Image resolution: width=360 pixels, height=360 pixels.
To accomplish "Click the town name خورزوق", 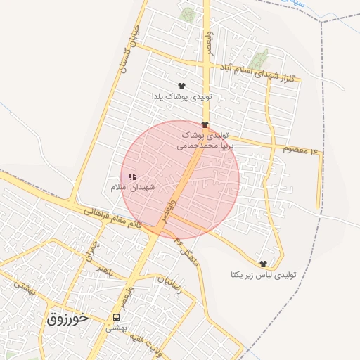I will click(68, 318).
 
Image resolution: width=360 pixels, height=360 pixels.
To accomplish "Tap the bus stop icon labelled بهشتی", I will click(116, 316).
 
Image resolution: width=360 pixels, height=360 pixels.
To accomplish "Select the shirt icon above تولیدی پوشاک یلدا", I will click(183, 85).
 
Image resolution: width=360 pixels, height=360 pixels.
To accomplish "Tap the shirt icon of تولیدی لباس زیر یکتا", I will click(264, 264).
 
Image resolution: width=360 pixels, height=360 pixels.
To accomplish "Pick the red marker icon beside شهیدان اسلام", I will click(132, 176).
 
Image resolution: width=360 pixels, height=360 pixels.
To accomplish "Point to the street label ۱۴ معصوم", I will click(300, 148).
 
